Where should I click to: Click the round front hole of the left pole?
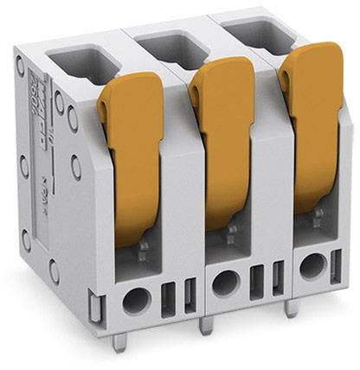[x=136, y=301]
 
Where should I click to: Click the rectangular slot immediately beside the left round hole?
[x=167, y=297]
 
